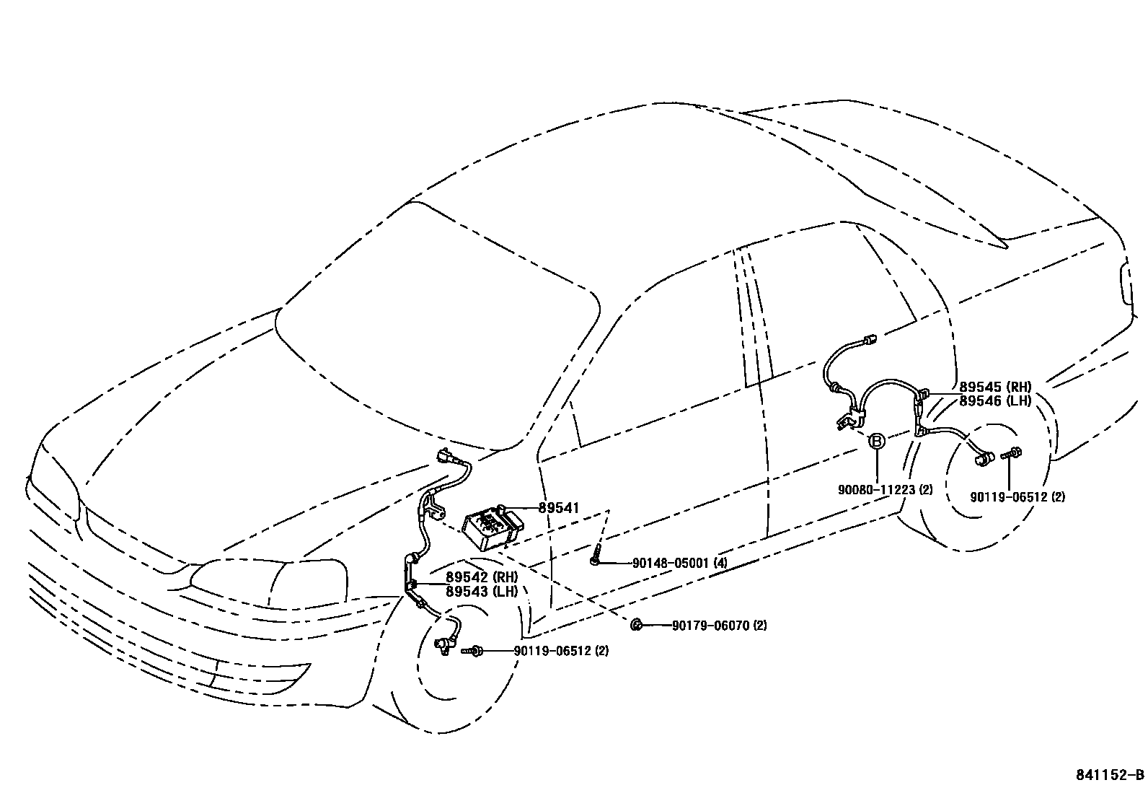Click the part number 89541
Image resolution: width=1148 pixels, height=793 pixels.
(559, 508)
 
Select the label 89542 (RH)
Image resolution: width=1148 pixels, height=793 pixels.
(481, 577)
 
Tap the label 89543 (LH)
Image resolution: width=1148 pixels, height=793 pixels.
(481, 591)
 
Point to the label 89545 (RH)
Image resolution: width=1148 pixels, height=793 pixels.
(994, 387)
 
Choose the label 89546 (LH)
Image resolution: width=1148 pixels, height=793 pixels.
(994, 401)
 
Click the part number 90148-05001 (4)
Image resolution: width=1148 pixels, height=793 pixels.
(679, 563)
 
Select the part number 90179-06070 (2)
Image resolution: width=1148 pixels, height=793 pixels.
(719, 626)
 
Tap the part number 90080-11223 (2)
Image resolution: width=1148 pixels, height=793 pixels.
(885, 490)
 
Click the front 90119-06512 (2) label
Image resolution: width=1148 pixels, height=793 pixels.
(561, 651)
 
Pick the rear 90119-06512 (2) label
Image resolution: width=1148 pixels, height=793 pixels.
(1017, 496)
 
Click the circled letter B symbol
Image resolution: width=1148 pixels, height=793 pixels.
(876, 442)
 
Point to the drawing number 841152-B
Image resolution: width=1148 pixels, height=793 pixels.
(1110, 775)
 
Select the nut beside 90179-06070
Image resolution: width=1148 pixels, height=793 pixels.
(636, 625)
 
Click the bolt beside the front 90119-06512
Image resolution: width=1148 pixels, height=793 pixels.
(474, 651)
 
